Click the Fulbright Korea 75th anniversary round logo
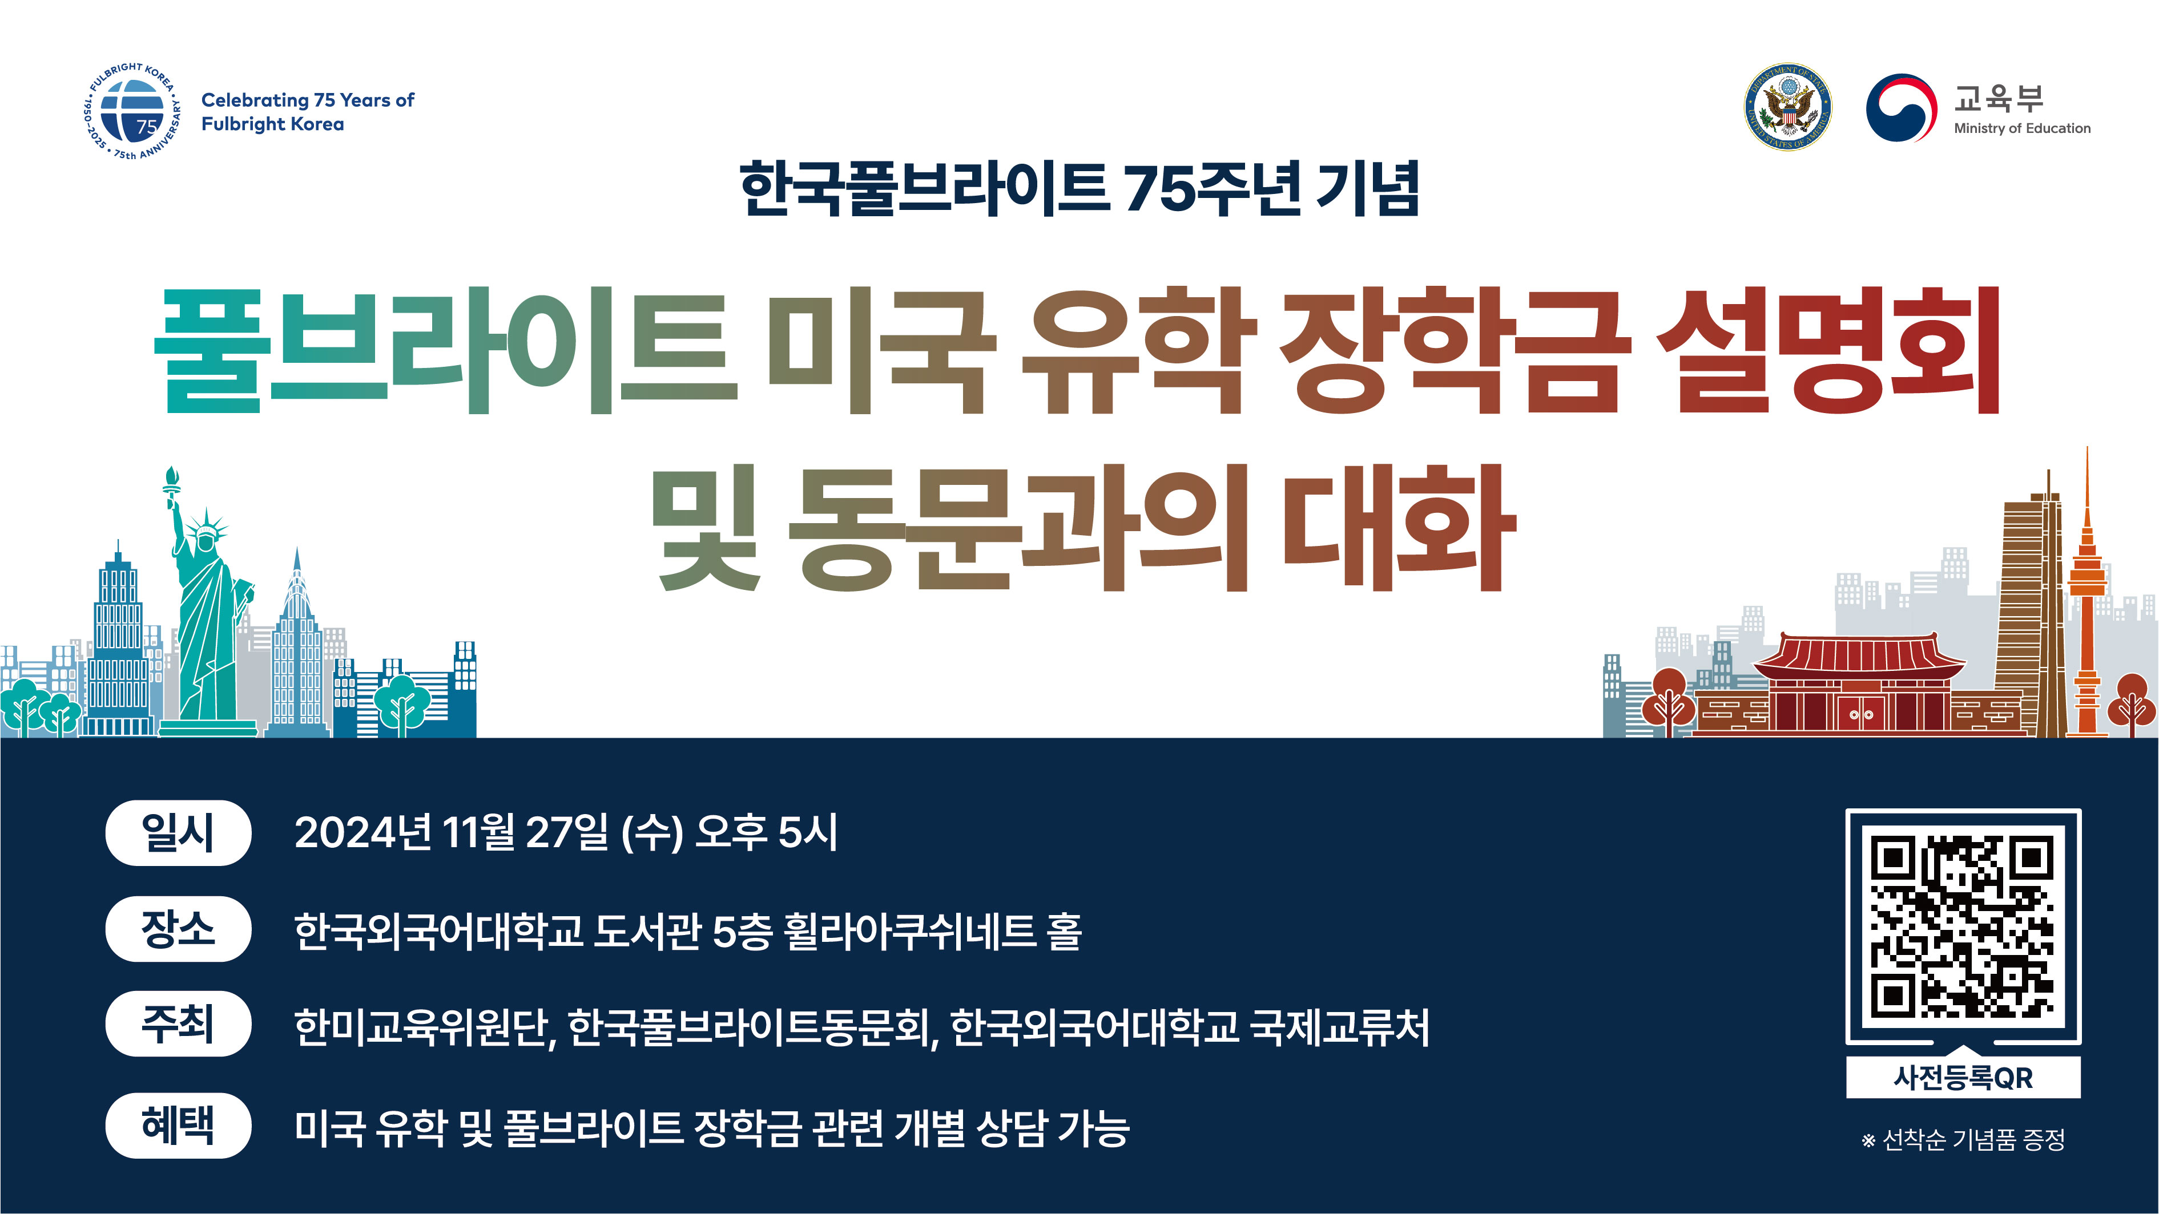pos(132,111)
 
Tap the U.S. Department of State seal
pos(1788,107)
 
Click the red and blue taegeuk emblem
pos(1901,108)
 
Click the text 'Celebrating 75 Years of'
pos(308,100)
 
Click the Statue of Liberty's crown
pos(206,525)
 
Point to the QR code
pos(1963,926)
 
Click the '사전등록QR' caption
pos(1963,1078)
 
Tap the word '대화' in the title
pos(1400,528)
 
